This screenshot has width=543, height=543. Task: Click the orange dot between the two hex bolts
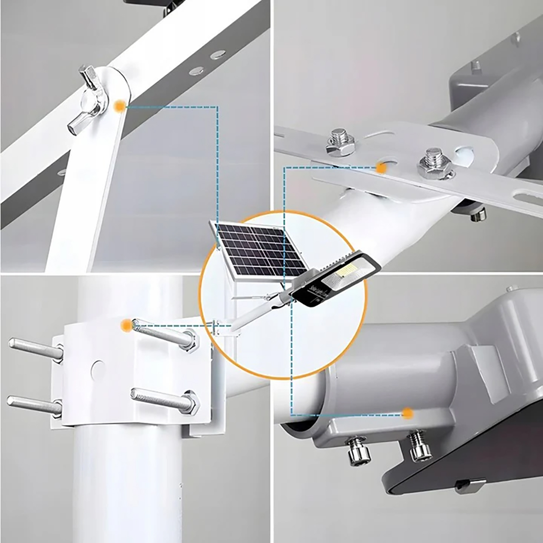coord(382,168)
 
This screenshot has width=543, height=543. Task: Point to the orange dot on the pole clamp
coord(126,324)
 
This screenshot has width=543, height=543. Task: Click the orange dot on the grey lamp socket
coord(407,413)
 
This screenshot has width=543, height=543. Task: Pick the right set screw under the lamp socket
coord(419,446)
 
